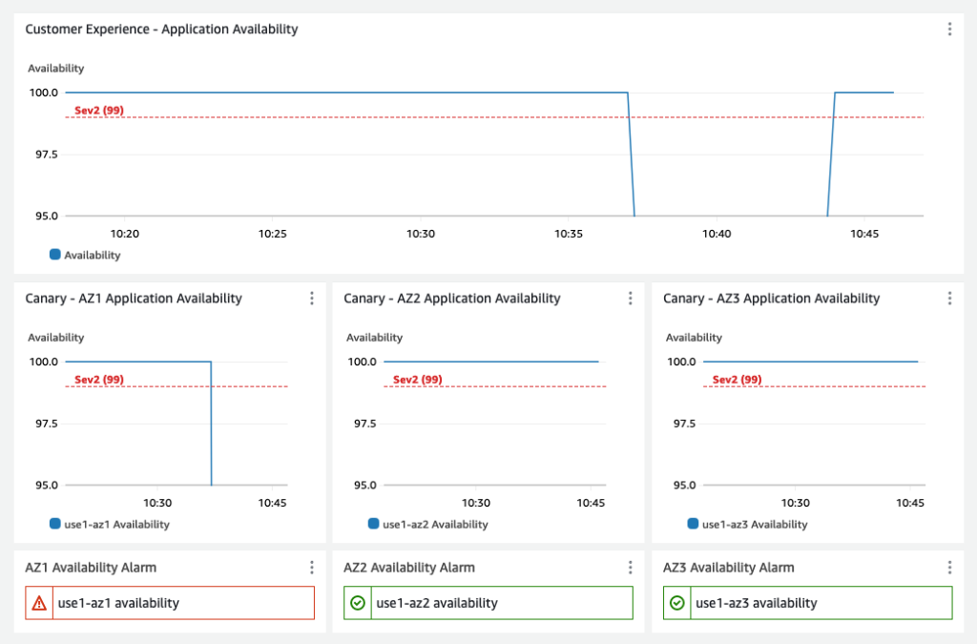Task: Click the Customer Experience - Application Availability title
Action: click(161, 30)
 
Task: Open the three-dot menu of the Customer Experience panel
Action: click(949, 30)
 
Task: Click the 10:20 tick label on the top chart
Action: click(125, 234)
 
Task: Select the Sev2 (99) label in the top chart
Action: click(99, 111)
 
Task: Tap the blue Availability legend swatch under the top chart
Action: click(55, 255)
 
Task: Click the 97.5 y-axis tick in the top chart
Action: click(44, 155)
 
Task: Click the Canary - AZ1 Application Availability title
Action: click(134, 299)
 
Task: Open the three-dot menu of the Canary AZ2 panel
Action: click(631, 299)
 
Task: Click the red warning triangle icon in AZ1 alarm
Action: click(39, 603)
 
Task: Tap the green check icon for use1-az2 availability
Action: click(358, 603)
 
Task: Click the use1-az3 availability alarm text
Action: click(757, 603)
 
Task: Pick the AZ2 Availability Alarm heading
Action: click(409, 568)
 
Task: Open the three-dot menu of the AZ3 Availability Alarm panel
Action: click(949, 568)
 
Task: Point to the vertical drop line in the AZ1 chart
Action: click(211, 425)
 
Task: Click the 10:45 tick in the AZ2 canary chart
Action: click(591, 503)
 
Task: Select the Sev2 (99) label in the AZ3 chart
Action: click(738, 380)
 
